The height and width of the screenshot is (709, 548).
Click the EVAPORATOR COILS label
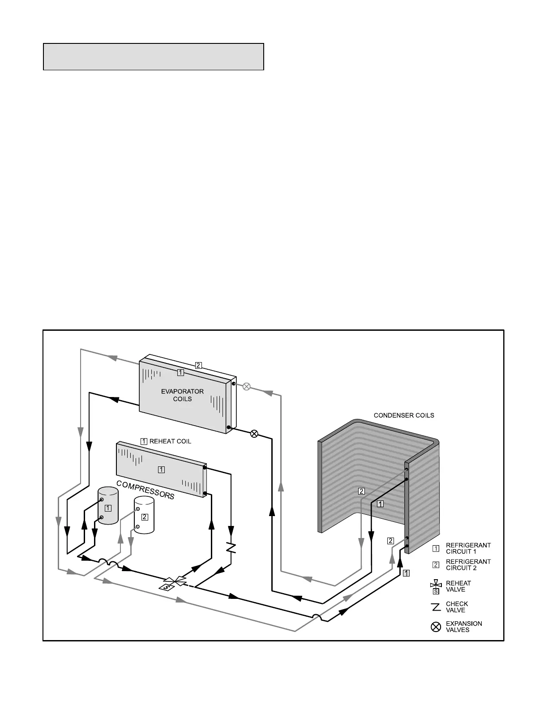182,395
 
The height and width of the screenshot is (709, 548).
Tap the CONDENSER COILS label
404,415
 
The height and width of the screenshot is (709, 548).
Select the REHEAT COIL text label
170,441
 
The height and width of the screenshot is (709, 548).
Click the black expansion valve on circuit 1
254,433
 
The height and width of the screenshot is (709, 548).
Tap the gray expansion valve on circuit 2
246,386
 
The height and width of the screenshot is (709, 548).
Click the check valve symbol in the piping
231,547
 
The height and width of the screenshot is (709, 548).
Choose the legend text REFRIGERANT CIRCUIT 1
468,548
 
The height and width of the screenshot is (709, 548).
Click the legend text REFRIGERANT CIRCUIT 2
468,564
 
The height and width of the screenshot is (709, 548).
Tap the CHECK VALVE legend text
457,607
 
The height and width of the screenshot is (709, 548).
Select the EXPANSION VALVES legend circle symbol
436,627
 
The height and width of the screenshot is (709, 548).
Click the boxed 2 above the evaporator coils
198,365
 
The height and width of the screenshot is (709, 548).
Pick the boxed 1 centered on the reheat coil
161,470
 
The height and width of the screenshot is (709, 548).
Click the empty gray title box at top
153,57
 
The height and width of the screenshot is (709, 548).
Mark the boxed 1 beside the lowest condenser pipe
406,572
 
